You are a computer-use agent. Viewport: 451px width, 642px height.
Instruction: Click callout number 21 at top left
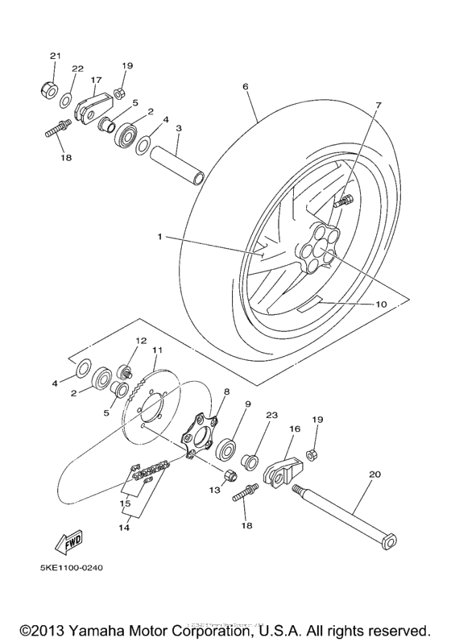55,56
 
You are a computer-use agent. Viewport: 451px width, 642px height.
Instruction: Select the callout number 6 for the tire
245,85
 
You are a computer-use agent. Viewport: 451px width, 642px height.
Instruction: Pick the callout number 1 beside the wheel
160,237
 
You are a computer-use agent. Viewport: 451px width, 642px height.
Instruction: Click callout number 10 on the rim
382,304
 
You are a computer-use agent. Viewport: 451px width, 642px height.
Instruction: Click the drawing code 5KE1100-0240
71,567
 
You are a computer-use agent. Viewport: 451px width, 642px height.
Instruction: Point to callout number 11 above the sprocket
157,350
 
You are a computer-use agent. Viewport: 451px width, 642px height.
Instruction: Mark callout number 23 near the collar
271,416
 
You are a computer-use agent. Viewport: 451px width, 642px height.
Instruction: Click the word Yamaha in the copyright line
110,628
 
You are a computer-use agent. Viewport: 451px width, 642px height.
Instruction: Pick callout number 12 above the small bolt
140,341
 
